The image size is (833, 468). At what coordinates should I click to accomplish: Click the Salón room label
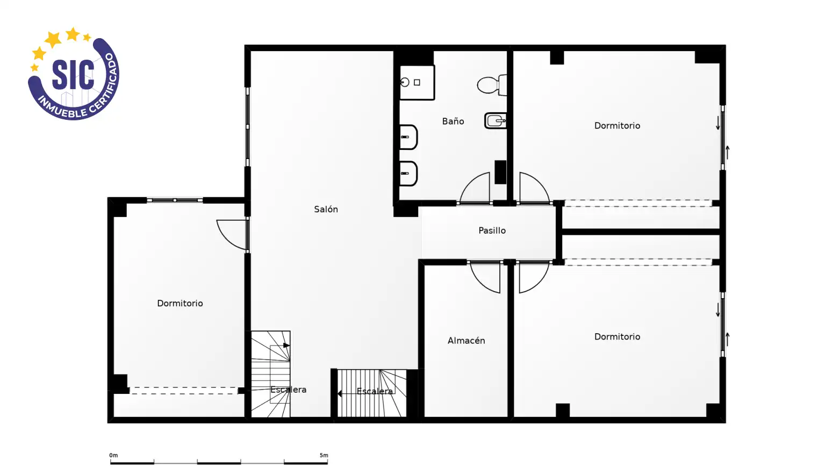coord(326,209)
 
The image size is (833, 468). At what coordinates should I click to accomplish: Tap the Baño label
coord(453,121)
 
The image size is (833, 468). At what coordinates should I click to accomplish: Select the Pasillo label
coord(492,231)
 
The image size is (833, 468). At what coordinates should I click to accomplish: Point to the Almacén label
coord(466,341)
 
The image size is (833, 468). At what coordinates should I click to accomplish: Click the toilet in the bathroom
coord(492,85)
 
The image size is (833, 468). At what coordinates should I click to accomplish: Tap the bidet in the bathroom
coord(496,121)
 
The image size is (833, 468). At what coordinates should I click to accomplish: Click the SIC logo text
coord(73,75)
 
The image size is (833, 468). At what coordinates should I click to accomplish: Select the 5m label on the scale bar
coord(324,455)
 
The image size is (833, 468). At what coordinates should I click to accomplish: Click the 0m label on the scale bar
coord(113,455)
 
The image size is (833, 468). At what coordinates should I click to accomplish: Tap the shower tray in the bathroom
coord(417,83)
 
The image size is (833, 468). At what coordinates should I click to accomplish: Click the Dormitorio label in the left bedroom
coord(180,304)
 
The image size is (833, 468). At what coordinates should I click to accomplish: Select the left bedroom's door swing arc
coord(227,240)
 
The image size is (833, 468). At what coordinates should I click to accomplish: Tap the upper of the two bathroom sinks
coord(408,137)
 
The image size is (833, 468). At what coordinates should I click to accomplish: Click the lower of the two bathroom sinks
coord(408,174)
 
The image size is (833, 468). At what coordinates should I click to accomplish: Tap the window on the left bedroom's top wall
coord(175,200)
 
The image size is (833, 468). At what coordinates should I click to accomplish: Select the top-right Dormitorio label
coord(617,126)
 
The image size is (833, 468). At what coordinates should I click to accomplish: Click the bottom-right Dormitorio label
coord(617,337)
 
